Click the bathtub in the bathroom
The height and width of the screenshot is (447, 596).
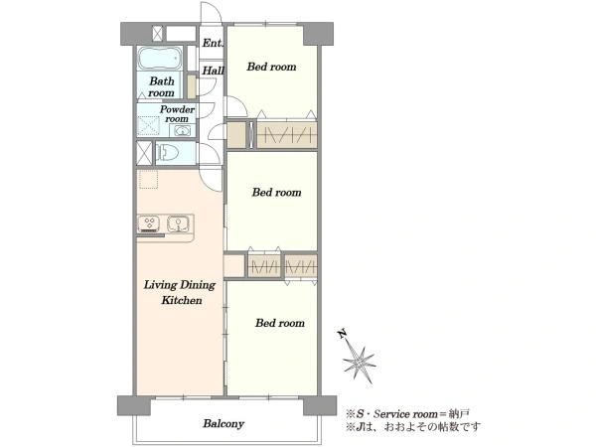tap(159, 59)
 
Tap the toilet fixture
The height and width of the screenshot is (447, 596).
tap(167, 153)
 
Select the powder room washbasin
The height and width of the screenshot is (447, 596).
tap(182, 131)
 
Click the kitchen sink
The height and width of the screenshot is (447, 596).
tap(178, 223)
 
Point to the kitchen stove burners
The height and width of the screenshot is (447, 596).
tap(149, 223)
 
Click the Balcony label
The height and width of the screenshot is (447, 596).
tap(223, 424)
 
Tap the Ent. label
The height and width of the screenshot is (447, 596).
tap(213, 43)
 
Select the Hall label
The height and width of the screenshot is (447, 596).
tap(213, 71)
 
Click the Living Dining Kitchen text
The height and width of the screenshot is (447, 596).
tap(180, 292)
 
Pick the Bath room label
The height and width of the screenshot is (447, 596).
tap(162, 86)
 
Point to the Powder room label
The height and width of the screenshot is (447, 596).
tap(177, 114)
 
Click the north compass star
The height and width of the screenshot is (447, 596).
tap(359, 364)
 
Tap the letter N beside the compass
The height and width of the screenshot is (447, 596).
tap(343, 334)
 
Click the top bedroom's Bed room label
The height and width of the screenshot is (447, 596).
tap(271, 67)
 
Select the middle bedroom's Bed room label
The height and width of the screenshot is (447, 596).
tap(277, 193)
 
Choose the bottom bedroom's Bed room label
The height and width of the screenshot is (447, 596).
tap(280, 323)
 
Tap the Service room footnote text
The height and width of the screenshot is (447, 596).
tap(408, 413)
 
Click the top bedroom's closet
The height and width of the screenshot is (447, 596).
tap(287, 134)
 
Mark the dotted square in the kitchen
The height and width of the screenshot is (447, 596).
tap(148, 180)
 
